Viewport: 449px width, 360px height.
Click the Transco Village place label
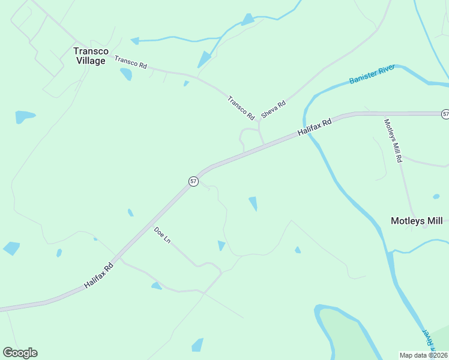click(90, 56)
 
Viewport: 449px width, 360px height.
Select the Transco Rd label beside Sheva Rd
click(241, 107)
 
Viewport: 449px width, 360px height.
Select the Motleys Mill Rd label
click(393, 141)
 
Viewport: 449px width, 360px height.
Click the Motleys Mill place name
click(416, 221)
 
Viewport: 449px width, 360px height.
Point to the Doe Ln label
click(162, 235)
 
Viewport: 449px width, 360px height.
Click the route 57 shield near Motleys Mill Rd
click(445, 113)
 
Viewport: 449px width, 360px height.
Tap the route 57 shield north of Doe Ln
click(193, 181)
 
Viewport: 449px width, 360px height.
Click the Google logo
click(20, 353)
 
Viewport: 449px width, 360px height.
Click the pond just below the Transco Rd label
click(126, 74)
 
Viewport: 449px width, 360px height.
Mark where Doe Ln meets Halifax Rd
click(119, 259)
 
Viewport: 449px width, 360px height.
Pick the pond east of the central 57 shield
click(253, 204)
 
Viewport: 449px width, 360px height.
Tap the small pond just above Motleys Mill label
click(436, 196)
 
